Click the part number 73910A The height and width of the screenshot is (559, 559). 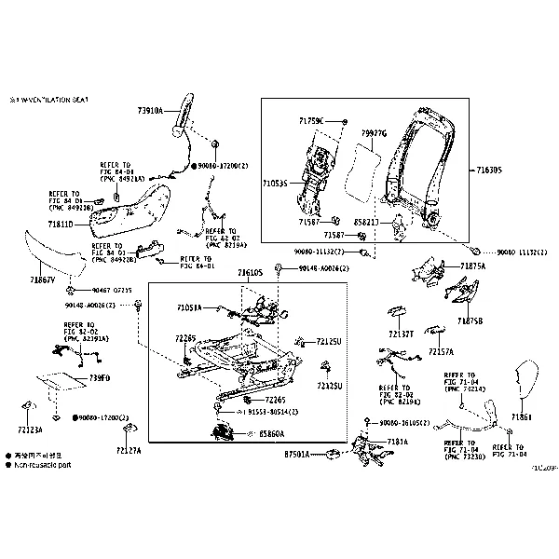point(149,110)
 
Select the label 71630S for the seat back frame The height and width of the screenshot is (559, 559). point(488,170)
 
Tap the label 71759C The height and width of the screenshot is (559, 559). point(312,120)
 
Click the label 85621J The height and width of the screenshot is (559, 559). point(367,224)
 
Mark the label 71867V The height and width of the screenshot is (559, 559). point(42,279)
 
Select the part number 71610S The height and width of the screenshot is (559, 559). point(250,272)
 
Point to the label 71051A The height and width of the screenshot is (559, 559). point(189,307)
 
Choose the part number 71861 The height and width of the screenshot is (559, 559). point(522,417)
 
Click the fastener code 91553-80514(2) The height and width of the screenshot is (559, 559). point(276,411)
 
